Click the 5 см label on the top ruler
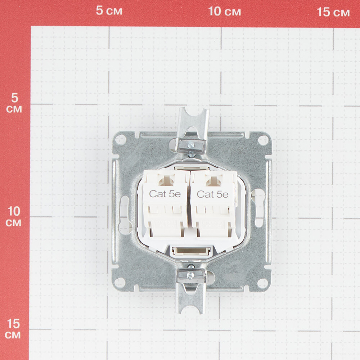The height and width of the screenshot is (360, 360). click(x=109, y=10)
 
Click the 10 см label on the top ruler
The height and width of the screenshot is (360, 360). click(x=225, y=11)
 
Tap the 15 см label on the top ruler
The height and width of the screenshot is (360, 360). click(x=333, y=12)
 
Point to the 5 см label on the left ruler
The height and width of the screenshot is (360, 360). click(x=14, y=103)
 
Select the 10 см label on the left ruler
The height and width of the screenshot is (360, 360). click(x=14, y=216)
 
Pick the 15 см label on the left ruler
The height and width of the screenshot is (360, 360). click(x=13, y=329)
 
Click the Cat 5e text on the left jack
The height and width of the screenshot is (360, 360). click(x=165, y=194)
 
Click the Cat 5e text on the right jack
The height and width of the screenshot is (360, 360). click(x=212, y=194)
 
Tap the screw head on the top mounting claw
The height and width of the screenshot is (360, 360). click(x=190, y=145)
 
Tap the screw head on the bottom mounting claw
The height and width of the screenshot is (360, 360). click(x=190, y=275)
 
